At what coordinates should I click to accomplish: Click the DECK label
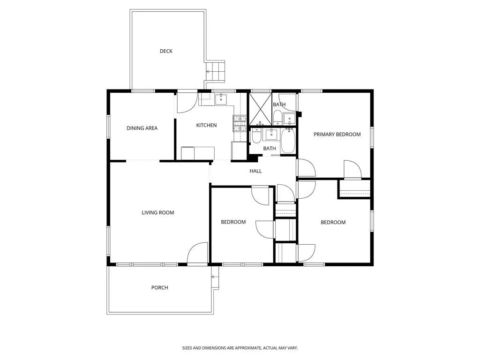(x=166, y=51)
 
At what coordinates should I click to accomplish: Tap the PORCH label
(x=159, y=287)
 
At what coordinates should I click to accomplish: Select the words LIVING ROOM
(x=157, y=212)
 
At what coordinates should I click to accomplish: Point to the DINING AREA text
(x=142, y=128)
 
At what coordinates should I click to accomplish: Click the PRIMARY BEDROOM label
(x=337, y=134)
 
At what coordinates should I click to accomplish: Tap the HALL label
(x=255, y=171)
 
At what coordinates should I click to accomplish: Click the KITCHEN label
(x=206, y=125)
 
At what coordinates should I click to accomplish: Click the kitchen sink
(x=221, y=99)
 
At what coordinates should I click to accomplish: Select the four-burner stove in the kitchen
(x=240, y=123)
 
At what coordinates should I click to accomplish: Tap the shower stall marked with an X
(x=260, y=109)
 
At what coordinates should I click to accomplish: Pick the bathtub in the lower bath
(x=287, y=141)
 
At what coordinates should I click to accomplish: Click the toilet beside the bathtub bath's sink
(x=256, y=136)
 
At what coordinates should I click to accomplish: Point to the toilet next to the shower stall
(x=277, y=118)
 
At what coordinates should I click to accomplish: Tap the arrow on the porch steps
(x=215, y=277)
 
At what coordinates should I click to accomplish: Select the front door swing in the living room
(x=197, y=253)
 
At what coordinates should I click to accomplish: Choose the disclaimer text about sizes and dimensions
(x=240, y=348)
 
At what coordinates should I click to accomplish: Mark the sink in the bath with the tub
(x=271, y=134)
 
